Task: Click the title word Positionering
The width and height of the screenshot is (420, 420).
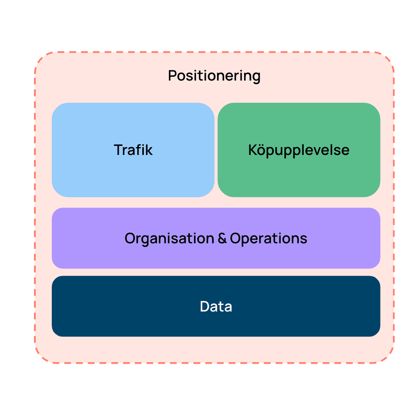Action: (214, 76)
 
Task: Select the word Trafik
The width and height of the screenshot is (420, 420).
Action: (133, 150)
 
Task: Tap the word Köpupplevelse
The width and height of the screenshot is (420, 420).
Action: (299, 150)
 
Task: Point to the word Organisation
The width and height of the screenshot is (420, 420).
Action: (169, 238)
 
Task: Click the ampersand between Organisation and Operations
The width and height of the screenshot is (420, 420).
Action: (222, 238)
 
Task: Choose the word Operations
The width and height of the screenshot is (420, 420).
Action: (268, 238)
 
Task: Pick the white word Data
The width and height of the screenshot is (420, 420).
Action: (216, 307)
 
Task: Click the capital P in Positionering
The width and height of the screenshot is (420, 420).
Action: (172, 76)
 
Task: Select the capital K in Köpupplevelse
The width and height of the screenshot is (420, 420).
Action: (253, 150)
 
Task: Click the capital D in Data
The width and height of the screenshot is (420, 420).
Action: (205, 307)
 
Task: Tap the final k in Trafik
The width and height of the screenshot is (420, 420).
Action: (149, 150)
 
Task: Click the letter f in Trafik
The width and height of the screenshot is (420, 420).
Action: (138, 150)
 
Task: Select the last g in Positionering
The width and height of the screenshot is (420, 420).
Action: (256, 78)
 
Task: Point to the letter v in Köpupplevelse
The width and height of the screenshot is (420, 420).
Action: (328, 152)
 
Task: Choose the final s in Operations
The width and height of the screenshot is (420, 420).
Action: (304, 240)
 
